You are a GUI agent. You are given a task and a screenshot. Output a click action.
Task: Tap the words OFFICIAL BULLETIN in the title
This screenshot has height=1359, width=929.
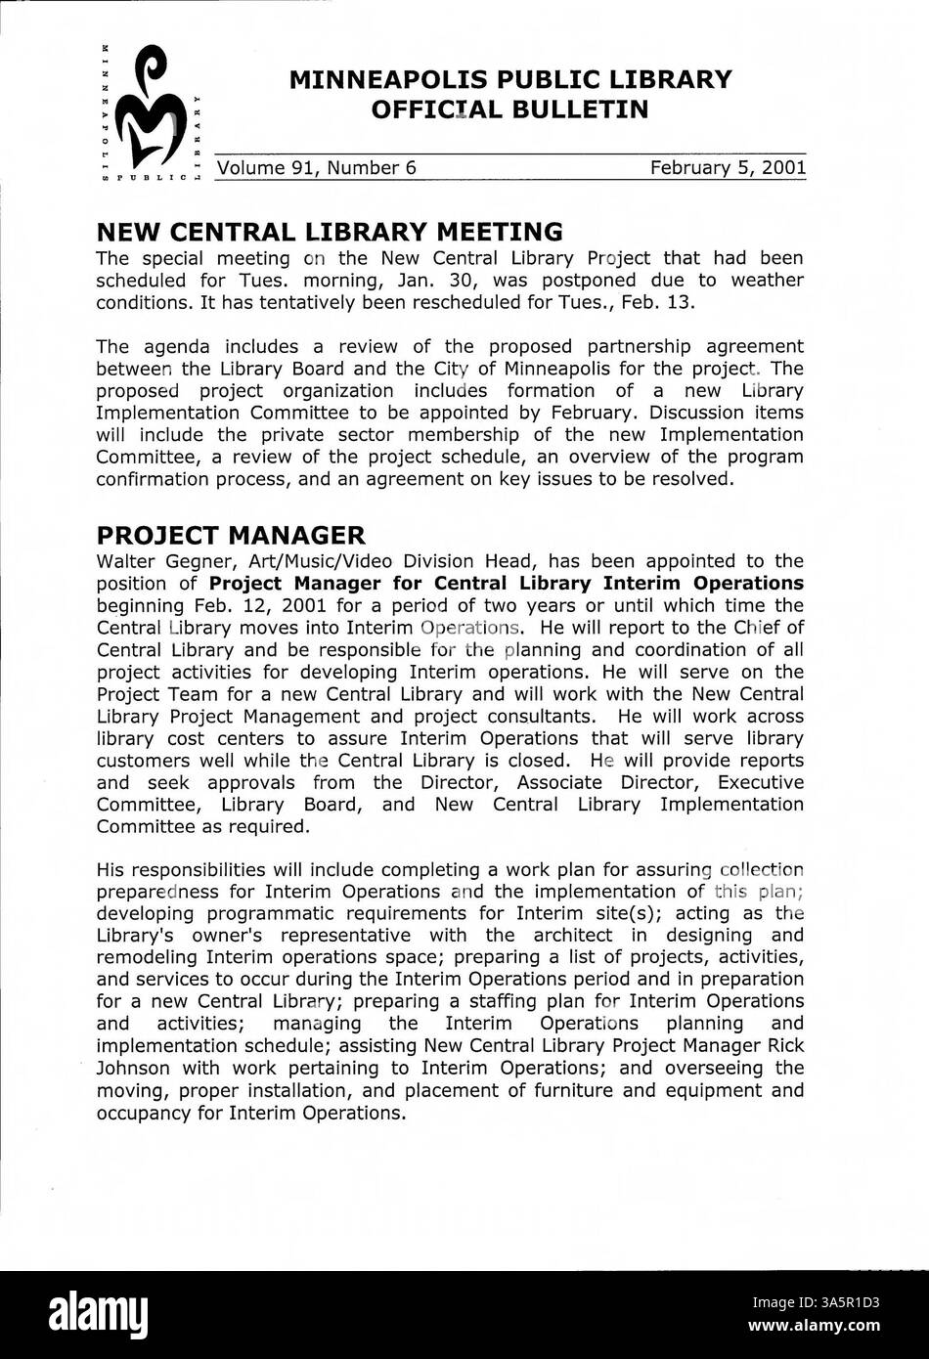point(509,110)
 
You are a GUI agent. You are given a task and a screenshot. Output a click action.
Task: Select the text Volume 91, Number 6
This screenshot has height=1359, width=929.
point(317,168)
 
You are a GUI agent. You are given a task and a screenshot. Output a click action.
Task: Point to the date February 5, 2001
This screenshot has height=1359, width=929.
point(728,168)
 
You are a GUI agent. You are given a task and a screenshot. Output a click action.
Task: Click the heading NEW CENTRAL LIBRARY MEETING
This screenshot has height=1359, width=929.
point(329,232)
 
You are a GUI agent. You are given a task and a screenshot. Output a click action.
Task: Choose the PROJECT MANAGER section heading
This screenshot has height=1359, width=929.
point(231,535)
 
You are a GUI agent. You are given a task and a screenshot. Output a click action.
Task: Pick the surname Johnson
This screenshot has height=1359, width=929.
point(133,1068)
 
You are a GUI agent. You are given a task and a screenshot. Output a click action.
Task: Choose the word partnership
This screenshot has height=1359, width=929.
point(641,346)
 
